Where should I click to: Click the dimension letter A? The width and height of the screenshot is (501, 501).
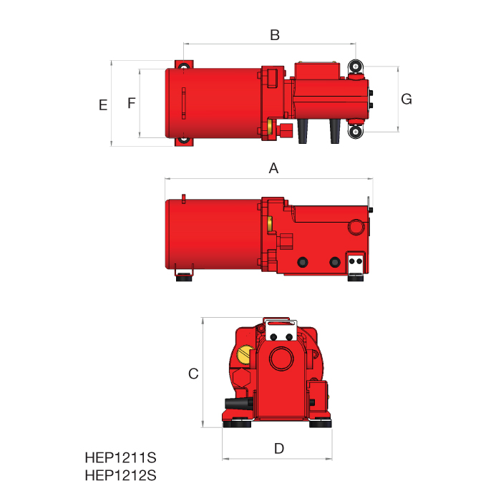point(273,169)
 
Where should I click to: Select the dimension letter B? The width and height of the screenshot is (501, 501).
point(274,34)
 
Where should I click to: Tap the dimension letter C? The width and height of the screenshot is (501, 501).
point(193,374)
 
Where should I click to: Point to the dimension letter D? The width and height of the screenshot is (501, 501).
point(279,449)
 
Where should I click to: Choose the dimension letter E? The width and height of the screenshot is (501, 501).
point(103,105)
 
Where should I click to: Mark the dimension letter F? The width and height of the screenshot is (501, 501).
point(131,104)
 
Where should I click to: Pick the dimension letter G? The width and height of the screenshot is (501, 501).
point(406,99)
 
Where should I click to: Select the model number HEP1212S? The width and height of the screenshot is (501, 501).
point(120,475)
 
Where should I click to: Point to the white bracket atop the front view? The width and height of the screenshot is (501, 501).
point(280,330)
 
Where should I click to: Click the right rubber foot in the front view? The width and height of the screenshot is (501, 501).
point(321,424)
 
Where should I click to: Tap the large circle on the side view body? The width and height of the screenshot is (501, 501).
point(355,228)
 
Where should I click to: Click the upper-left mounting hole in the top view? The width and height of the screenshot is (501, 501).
point(185,68)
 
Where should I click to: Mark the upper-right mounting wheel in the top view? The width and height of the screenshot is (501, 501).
point(356,68)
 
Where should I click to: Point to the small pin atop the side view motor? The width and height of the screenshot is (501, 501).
point(184,198)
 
